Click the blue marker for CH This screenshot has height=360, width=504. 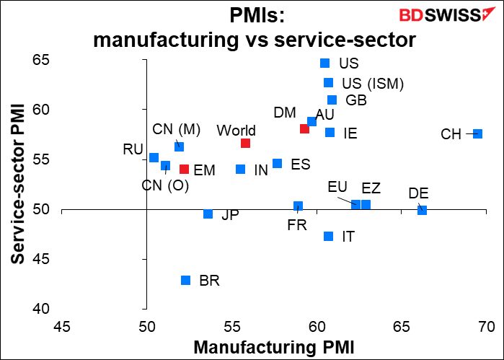pos(477,133)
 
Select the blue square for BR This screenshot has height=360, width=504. pos(185,280)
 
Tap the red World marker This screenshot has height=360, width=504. pos(246,143)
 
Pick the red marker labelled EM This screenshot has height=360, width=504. pos(184,170)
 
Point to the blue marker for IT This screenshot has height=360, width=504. pos(329,236)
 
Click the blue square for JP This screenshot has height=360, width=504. pos(208,214)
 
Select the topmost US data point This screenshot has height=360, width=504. pos(324,63)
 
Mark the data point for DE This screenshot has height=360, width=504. pos(422,210)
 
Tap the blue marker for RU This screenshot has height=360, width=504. pos(154,157)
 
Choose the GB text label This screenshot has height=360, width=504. pos(356,100)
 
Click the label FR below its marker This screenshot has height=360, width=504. pos(297,224)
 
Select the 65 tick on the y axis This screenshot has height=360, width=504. pos(133,60)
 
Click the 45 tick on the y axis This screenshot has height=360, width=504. pos(133,260)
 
